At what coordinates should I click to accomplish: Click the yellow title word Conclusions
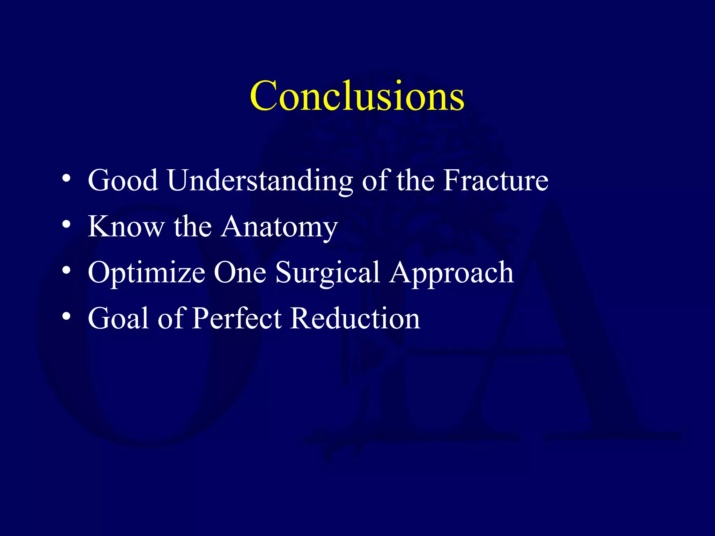tap(357, 96)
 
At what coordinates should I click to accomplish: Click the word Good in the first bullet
tap(123, 180)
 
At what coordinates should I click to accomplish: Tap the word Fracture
tap(496, 180)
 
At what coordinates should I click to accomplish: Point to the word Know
tap(126, 226)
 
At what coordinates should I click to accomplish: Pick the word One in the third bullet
tap(240, 273)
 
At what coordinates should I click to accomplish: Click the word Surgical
tap(327, 273)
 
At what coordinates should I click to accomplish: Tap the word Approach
tap(452, 273)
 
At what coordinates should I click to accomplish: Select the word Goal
tap(118, 318)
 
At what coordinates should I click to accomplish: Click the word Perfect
tap(237, 318)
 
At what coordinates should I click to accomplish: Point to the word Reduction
tap(355, 318)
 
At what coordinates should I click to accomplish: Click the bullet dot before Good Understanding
tap(66, 179)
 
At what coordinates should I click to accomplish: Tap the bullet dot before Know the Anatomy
tap(66, 225)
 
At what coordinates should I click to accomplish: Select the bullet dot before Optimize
tap(66, 270)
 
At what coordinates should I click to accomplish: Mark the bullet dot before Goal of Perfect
tap(66, 317)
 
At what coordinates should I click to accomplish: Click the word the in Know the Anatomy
tap(193, 226)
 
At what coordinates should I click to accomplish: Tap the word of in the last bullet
tap(171, 318)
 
